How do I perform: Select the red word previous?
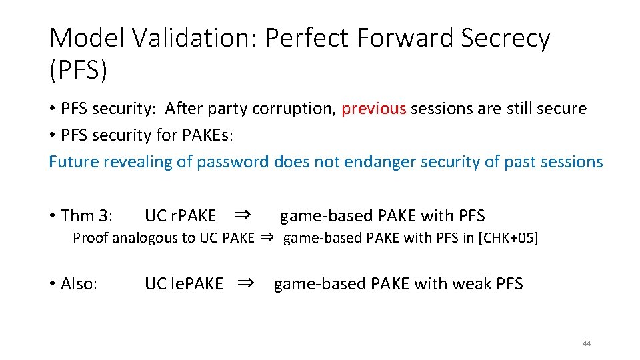373,109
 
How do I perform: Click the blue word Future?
74,161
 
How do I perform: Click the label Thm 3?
87,216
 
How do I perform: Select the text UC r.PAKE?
180,216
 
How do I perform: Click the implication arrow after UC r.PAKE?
243,215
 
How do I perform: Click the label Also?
79,284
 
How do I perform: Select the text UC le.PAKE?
184,284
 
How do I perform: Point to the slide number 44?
587,343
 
